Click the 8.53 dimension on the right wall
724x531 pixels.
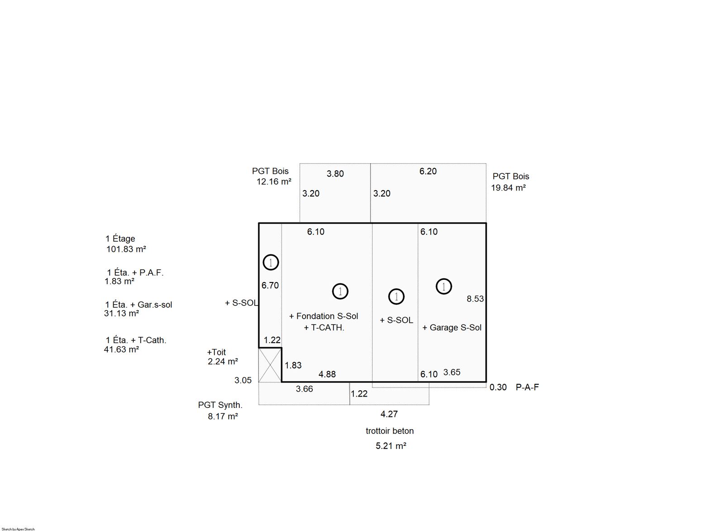click(x=475, y=299)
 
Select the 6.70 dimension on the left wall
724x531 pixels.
click(x=270, y=286)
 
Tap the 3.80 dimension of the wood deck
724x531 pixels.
click(x=335, y=174)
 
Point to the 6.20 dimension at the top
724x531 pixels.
click(x=428, y=172)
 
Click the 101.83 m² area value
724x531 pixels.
click(x=126, y=249)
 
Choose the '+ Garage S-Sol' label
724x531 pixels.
click(x=452, y=328)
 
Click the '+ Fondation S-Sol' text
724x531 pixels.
click(x=324, y=316)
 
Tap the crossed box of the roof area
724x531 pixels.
click(x=270, y=365)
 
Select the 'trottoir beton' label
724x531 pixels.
click(x=390, y=431)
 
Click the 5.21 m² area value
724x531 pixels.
click(x=391, y=446)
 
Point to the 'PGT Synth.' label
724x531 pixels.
click(x=220, y=405)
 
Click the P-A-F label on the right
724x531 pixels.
click(x=527, y=387)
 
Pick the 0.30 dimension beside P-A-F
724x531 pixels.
click(x=498, y=387)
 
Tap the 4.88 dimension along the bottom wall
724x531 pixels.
click(x=327, y=374)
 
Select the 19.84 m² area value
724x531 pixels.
click(x=509, y=188)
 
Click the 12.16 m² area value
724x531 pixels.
click(x=274, y=182)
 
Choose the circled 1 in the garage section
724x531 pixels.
click(x=444, y=287)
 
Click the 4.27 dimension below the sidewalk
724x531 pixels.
click(x=389, y=414)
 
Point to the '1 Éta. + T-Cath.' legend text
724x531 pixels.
click(x=136, y=340)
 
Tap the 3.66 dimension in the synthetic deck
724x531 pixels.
click(x=305, y=389)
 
